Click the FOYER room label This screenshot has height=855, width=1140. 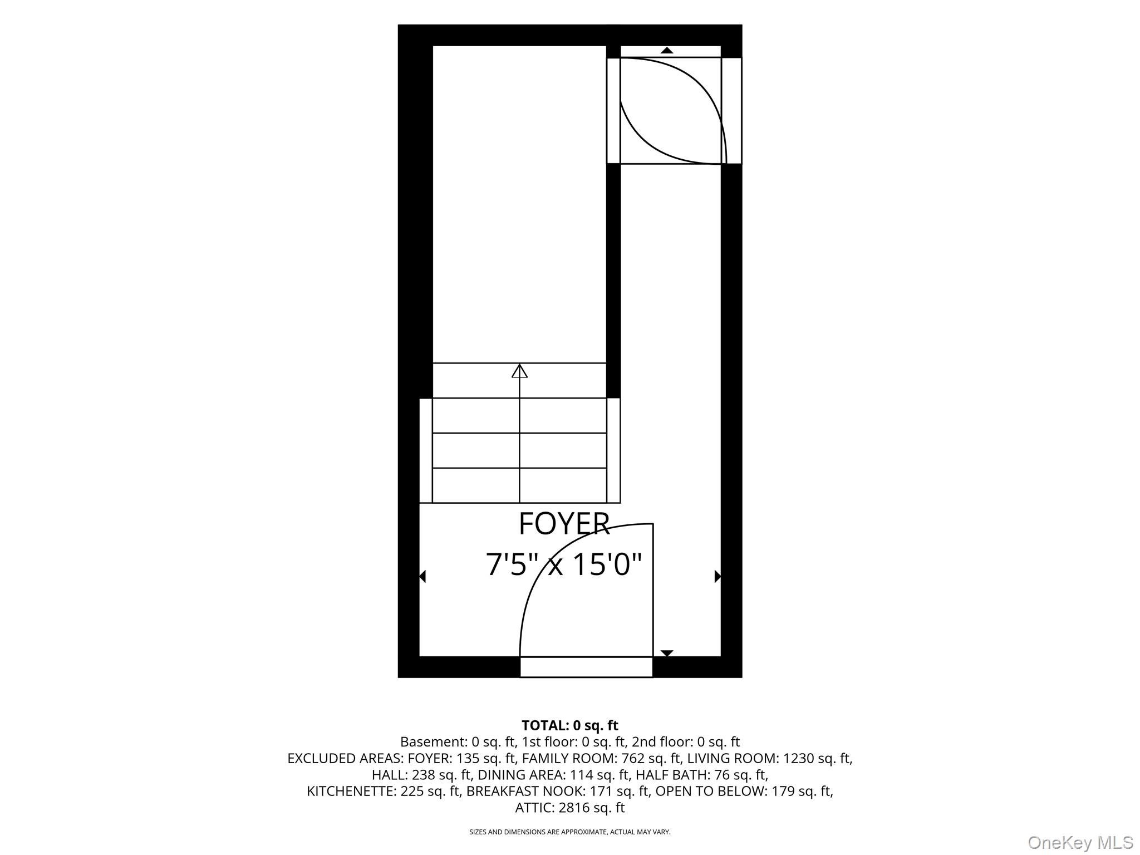(x=564, y=524)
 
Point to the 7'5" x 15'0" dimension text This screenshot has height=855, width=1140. (x=564, y=564)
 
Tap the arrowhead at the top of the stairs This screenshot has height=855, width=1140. (x=519, y=371)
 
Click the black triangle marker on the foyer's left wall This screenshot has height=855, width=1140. (x=422, y=577)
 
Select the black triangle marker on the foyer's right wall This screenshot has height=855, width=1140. (x=718, y=577)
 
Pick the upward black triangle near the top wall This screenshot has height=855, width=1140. (x=667, y=50)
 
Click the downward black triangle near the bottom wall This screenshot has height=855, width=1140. (x=667, y=653)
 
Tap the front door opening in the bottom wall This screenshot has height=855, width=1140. (x=586, y=667)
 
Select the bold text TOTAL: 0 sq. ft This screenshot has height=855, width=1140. (x=570, y=725)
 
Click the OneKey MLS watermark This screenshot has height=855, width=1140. (x=1080, y=842)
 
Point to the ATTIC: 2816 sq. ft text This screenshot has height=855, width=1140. (x=570, y=808)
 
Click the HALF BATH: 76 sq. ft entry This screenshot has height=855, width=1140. (x=701, y=775)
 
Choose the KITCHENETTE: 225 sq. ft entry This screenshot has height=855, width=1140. (x=384, y=791)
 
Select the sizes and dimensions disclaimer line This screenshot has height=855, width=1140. (x=570, y=832)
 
